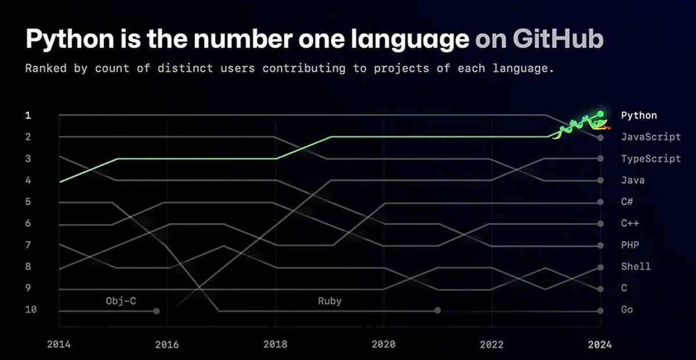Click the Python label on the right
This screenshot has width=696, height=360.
[x=639, y=115]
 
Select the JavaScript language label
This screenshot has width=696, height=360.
[x=650, y=137]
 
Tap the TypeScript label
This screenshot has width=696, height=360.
[x=650, y=159]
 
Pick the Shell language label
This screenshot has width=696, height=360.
[x=636, y=267]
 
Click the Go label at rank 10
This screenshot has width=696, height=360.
[x=626, y=310]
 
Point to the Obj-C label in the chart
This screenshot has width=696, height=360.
[x=121, y=301]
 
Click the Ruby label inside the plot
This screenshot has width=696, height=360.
[x=329, y=301]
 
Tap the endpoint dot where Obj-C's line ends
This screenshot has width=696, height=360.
[x=156, y=311]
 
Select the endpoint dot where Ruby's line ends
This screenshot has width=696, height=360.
[x=437, y=311]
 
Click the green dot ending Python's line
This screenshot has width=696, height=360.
[x=600, y=114]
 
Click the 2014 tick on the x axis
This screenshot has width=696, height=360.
[x=58, y=344]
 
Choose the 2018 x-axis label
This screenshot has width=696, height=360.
[x=275, y=344]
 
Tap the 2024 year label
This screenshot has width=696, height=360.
[x=600, y=344]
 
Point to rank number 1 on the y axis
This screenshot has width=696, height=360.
[x=27, y=115]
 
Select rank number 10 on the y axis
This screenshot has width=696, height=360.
[x=30, y=310]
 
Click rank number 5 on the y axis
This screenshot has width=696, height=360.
[x=27, y=202]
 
